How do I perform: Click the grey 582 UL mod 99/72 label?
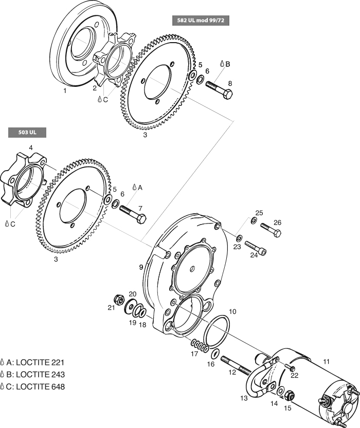point(200,21)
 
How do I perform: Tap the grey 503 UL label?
point(27,133)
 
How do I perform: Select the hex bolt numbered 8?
point(219,89)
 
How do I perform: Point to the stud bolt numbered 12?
point(236,365)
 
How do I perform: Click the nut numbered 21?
point(117,300)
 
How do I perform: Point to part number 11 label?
point(326,361)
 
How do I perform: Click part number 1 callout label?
point(65,90)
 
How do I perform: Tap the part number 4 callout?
point(31,148)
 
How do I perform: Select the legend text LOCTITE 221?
point(40,362)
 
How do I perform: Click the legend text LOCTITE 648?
point(40,387)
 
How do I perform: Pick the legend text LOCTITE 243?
point(40,375)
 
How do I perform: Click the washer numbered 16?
point(215,354)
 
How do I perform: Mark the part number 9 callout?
point(140,267)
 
